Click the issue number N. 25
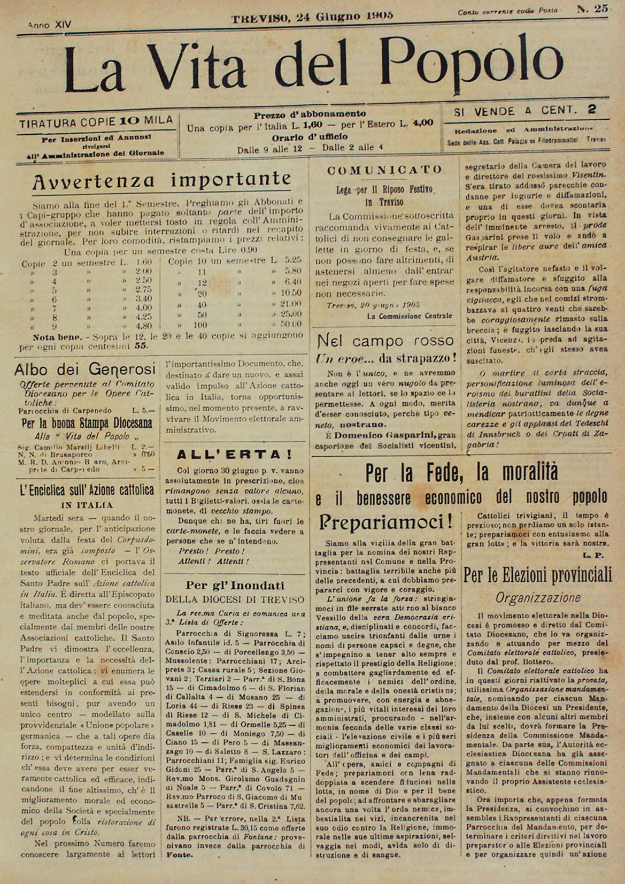coord(592,9)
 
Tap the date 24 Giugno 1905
coord(312,16)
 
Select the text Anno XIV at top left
coord(49,25)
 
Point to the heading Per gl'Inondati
coord(235,585)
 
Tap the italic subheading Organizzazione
coord(538,597)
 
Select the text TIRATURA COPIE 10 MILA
coord(96,121)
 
